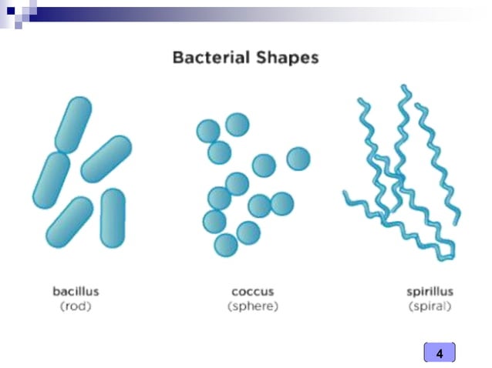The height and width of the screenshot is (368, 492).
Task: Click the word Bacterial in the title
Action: [x=211, y=57]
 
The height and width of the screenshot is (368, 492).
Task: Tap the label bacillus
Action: [x=76, y=292]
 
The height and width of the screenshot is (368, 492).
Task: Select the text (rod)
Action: [x=76, y=306]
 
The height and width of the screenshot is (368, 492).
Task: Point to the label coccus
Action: [x=253, y=292]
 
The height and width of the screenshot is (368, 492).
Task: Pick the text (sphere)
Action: [x=253, y=306]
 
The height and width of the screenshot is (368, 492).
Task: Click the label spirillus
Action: [x=430, y=292]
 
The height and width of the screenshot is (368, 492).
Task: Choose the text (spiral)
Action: [x=430, y=306]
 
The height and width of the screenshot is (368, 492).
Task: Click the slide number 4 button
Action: [x=440, y=353]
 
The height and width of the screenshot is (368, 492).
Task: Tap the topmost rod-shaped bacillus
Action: [x=73, y=123]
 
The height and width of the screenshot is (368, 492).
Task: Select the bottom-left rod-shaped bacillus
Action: [x=69, y=222]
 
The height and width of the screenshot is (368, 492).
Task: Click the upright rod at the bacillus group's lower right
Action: [x=113, y=218]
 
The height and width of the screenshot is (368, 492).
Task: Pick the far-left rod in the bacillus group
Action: [x=52, y=180]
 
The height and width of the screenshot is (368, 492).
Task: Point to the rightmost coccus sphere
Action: [x=298, y=159]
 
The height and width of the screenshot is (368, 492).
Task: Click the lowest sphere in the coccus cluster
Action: [x=225, y=246]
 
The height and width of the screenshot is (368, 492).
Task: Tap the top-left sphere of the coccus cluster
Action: [x=207, y=131]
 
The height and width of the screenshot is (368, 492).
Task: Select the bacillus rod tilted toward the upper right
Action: [x=106, y=159]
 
